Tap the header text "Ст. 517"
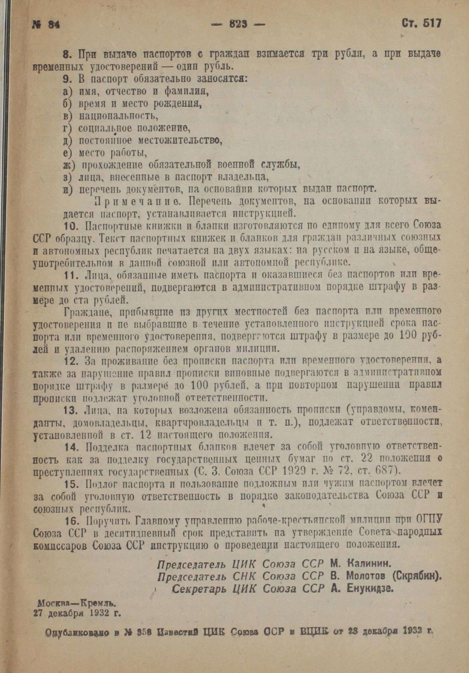coord(421,23)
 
